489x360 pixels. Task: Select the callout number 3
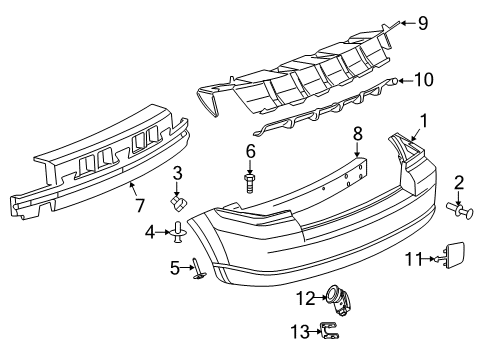pos(176,173)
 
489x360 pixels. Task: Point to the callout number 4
pos(151,233)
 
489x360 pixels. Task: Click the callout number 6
pos(251,151)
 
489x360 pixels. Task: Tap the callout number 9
pos(423,21)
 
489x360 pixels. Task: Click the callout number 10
pos(424,78)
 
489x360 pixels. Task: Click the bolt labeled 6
pos(251,181)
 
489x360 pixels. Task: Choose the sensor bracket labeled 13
pos(335,333)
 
